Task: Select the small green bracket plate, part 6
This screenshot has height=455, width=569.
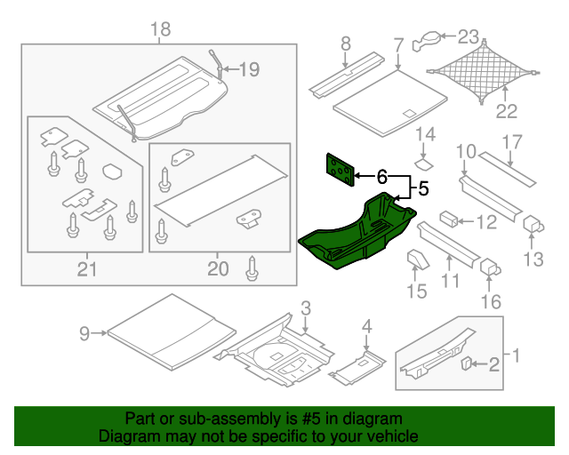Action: tap(339, 168)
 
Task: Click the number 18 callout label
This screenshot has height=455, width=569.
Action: tap(160, 31)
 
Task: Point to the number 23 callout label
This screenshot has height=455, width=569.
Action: tap(468, 37)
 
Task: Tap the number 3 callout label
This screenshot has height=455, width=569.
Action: tap(305, 309)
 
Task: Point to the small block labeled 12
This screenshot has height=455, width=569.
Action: tap(449, 219)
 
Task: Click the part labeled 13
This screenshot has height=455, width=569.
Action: tap(534, 224)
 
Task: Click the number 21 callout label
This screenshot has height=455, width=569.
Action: tap(85, 267)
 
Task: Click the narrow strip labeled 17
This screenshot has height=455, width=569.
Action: tap(510, 169)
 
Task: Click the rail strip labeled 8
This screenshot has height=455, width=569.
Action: tap(342, 76)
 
